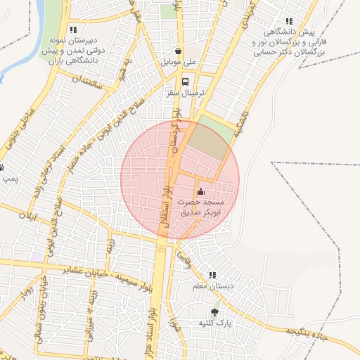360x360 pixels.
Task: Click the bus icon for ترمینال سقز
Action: (x=186, y=80)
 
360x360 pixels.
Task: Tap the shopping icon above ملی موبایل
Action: (x=179, y=51)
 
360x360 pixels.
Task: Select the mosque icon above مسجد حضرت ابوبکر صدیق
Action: (x=201, y=191)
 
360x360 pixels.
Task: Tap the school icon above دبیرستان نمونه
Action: (x=73, y=29)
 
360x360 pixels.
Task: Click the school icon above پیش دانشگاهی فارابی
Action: (x=288, y=21)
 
